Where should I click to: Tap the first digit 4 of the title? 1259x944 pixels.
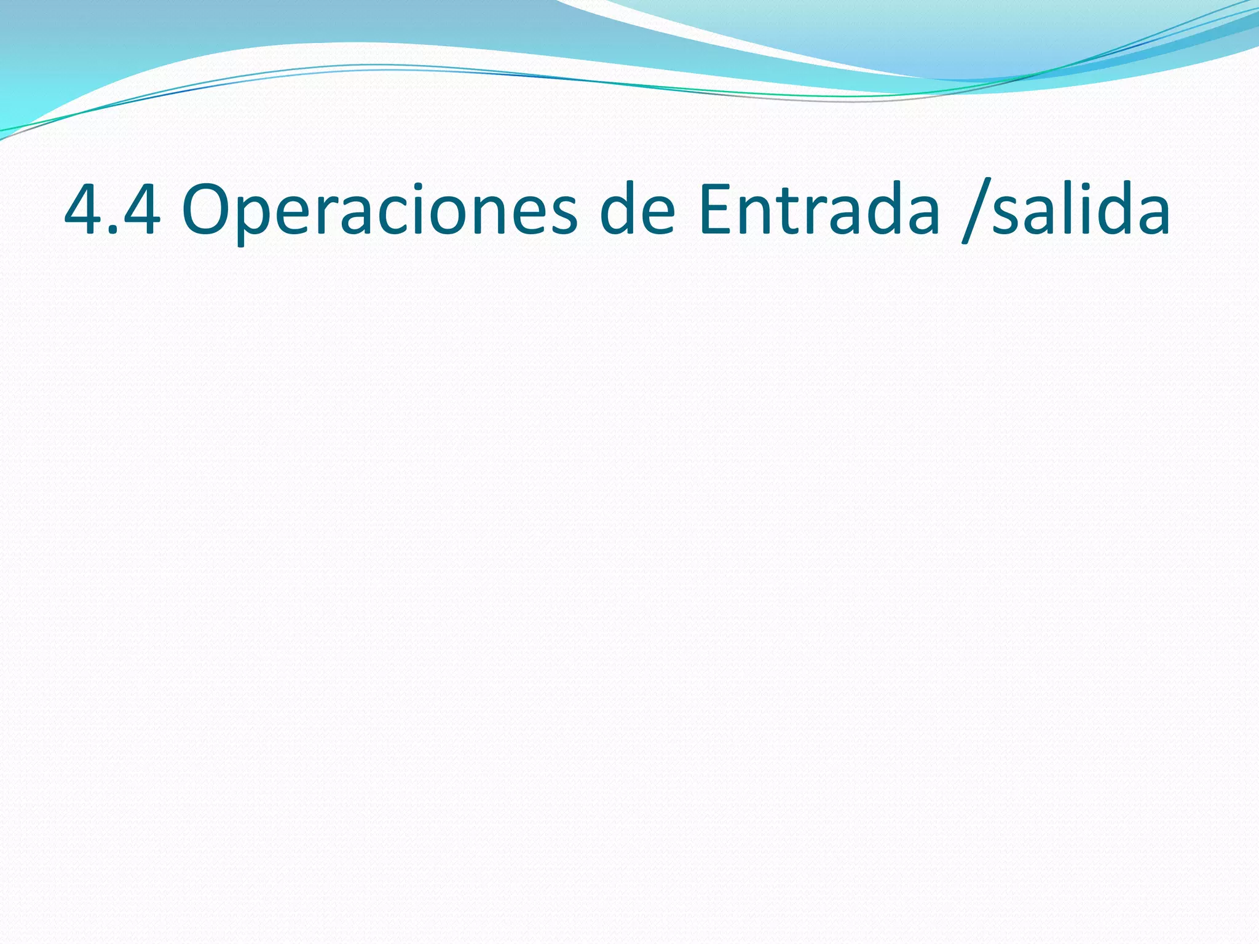[x=84, y=211]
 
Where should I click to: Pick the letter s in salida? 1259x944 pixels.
[x=1006, y=218]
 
